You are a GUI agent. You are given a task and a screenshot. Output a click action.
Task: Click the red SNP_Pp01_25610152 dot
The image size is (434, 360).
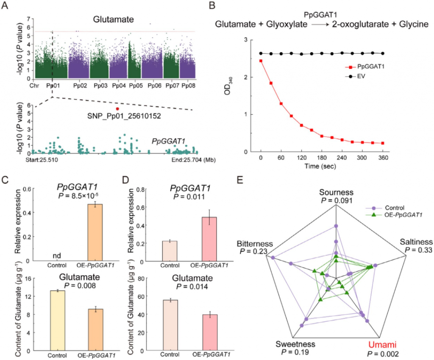[x=117, y=109]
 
